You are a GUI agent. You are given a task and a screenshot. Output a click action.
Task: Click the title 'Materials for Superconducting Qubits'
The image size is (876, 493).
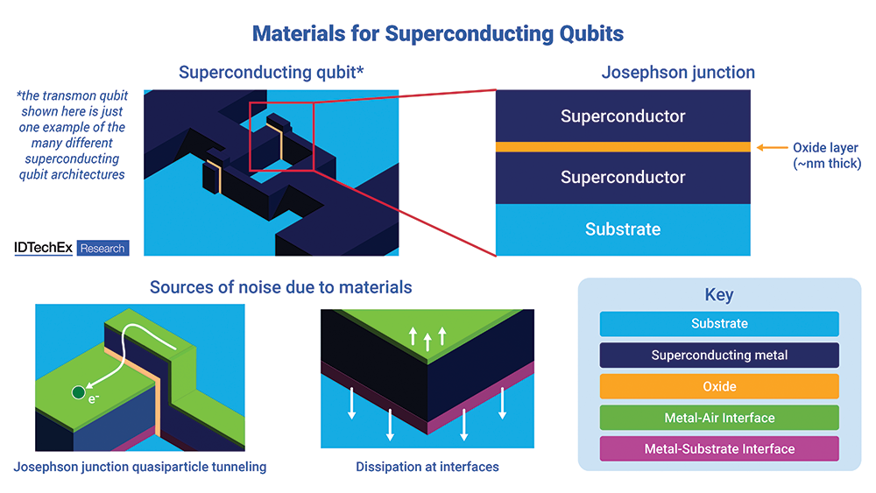438,34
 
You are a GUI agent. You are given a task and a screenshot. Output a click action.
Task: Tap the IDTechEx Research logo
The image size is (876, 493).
71,248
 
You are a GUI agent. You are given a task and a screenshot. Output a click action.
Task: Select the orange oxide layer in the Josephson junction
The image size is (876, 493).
623,147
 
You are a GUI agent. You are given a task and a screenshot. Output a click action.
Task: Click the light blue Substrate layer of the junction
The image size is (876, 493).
623,229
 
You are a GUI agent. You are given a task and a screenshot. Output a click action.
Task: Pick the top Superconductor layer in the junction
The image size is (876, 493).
623,116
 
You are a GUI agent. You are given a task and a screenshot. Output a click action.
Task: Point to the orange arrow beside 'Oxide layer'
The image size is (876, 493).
770,147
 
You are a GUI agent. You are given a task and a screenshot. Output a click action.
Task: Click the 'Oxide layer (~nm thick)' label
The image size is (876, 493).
826,155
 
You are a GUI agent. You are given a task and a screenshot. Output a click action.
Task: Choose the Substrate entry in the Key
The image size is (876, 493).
719,324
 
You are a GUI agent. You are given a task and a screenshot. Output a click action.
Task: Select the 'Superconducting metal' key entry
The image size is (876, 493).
719,355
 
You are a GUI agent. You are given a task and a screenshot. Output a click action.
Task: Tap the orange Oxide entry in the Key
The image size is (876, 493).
719,386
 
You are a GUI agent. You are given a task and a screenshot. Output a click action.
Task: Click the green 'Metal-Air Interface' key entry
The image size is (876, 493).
719,418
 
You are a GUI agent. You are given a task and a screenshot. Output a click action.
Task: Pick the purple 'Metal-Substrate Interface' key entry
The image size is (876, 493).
719,449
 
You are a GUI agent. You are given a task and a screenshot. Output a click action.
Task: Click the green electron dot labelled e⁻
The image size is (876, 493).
79,392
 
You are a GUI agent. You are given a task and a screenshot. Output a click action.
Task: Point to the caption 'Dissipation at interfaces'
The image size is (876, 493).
427,467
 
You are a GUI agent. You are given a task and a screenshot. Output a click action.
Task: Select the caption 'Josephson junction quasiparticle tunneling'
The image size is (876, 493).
140,467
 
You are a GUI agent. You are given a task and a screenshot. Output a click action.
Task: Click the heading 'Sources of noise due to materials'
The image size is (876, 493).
280,287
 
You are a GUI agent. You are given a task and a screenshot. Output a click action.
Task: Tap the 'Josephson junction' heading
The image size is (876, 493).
678,73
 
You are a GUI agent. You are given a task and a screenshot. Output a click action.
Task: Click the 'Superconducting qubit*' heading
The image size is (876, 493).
271,73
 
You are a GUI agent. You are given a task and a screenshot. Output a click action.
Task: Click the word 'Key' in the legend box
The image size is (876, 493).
719,295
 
